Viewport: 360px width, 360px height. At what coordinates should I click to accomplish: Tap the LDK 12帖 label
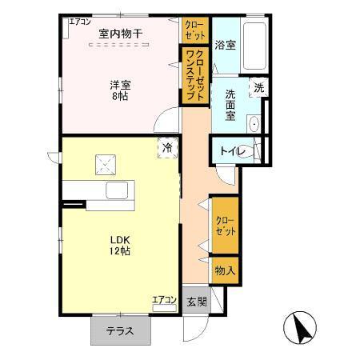tap(120, 244)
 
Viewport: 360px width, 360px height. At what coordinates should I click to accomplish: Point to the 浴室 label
tap(225, 46)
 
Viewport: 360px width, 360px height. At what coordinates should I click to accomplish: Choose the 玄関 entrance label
tap(197, 302)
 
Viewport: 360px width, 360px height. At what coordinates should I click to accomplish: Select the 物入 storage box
tap(225, 270)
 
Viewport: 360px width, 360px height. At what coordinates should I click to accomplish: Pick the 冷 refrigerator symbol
tap(168, 147)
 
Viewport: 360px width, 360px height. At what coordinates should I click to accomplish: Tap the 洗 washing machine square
tap(258, 88)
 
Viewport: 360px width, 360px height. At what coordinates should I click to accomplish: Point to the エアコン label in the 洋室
tap(79, 22)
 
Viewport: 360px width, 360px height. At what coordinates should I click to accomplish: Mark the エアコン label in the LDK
tap(164, 300)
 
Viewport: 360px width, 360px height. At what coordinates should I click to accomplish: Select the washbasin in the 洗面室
tap(254, 124)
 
